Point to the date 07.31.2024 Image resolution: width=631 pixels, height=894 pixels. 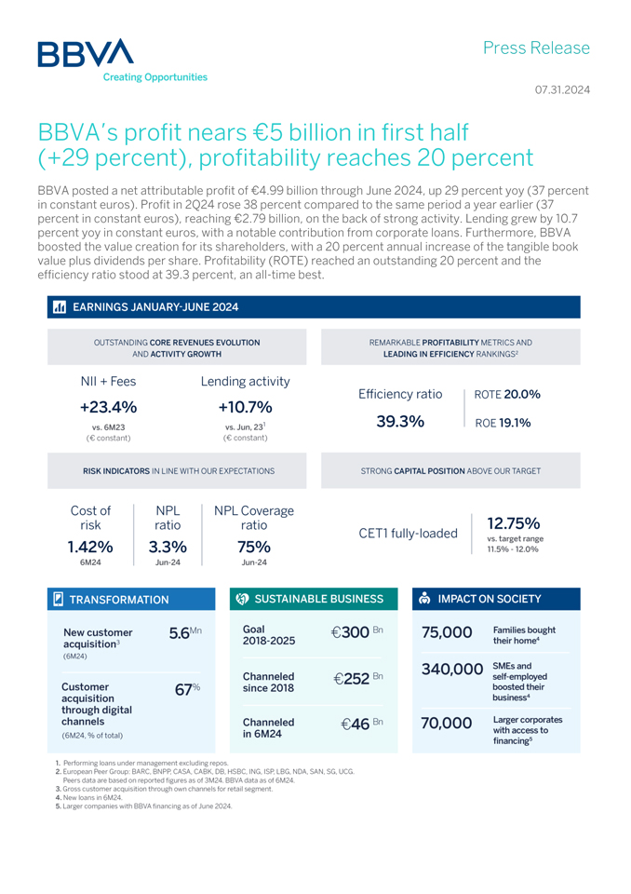coord(561,90)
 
